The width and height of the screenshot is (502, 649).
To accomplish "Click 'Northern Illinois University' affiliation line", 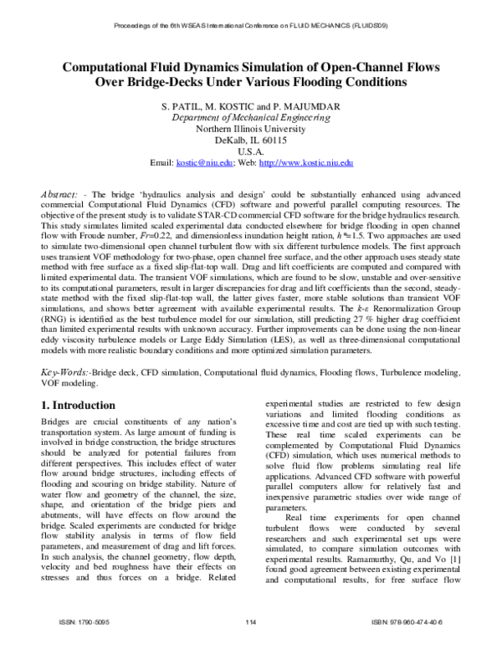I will [x=251, y=130].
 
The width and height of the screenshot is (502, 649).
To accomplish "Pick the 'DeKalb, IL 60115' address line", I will [x=251, y=141].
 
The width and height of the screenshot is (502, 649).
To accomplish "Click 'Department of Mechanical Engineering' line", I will [x=251, y=119].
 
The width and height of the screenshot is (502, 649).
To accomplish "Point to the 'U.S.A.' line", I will [x=251, y=153].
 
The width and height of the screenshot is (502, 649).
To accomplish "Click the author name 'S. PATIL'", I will [x=194, y=107].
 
